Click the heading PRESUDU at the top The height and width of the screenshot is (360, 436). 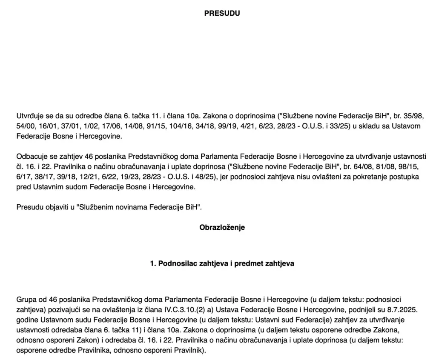222,13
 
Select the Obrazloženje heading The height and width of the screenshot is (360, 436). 222,227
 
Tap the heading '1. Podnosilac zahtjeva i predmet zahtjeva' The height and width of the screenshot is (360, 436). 222,263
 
